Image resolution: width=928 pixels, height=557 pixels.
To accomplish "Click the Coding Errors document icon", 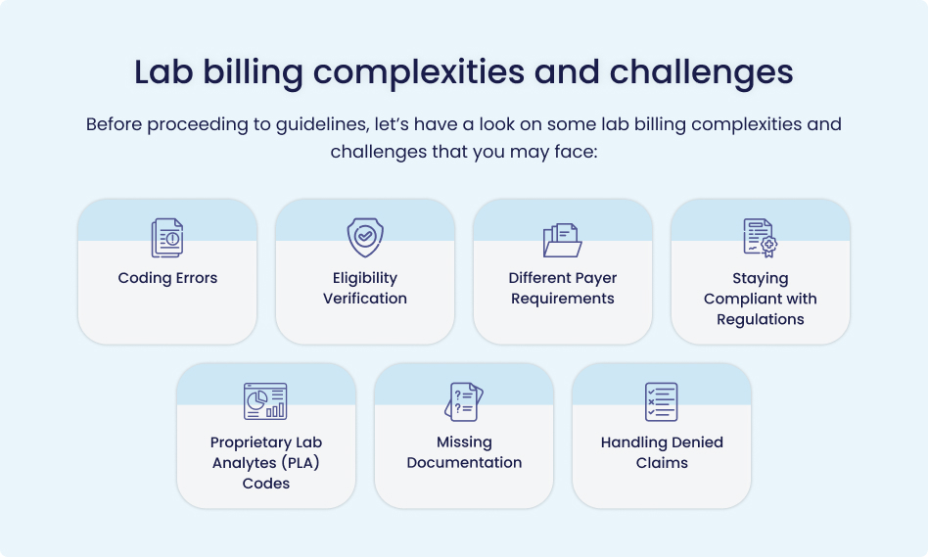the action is [167, 238].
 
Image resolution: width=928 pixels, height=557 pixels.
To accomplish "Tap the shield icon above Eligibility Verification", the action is [365, 237].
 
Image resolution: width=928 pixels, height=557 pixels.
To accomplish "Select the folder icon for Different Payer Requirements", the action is [562, 240].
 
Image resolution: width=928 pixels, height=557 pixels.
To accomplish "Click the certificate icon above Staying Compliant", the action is [761, 238].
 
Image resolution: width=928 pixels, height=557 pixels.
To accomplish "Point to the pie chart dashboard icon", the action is [265, 401].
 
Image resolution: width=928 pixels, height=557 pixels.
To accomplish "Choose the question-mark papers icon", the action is [464, 402].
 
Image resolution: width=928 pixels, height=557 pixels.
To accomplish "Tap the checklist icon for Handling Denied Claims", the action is [661, 402].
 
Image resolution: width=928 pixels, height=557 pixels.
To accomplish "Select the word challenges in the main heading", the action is [701, 73].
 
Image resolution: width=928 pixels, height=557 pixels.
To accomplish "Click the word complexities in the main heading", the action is [418, 73].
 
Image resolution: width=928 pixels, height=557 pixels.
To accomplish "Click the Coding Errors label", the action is [167, 278].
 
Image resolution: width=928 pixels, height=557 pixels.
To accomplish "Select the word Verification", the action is [365, 299].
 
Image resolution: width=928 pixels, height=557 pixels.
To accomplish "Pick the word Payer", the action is [595, 279].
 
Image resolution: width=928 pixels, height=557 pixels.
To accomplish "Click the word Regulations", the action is [761, 320].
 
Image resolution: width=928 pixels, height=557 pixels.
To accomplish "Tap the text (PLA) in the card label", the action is [301, 463].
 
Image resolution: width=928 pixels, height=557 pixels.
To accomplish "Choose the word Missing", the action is [464, 442].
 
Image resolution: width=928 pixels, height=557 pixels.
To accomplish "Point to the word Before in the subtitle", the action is [115, 124].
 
